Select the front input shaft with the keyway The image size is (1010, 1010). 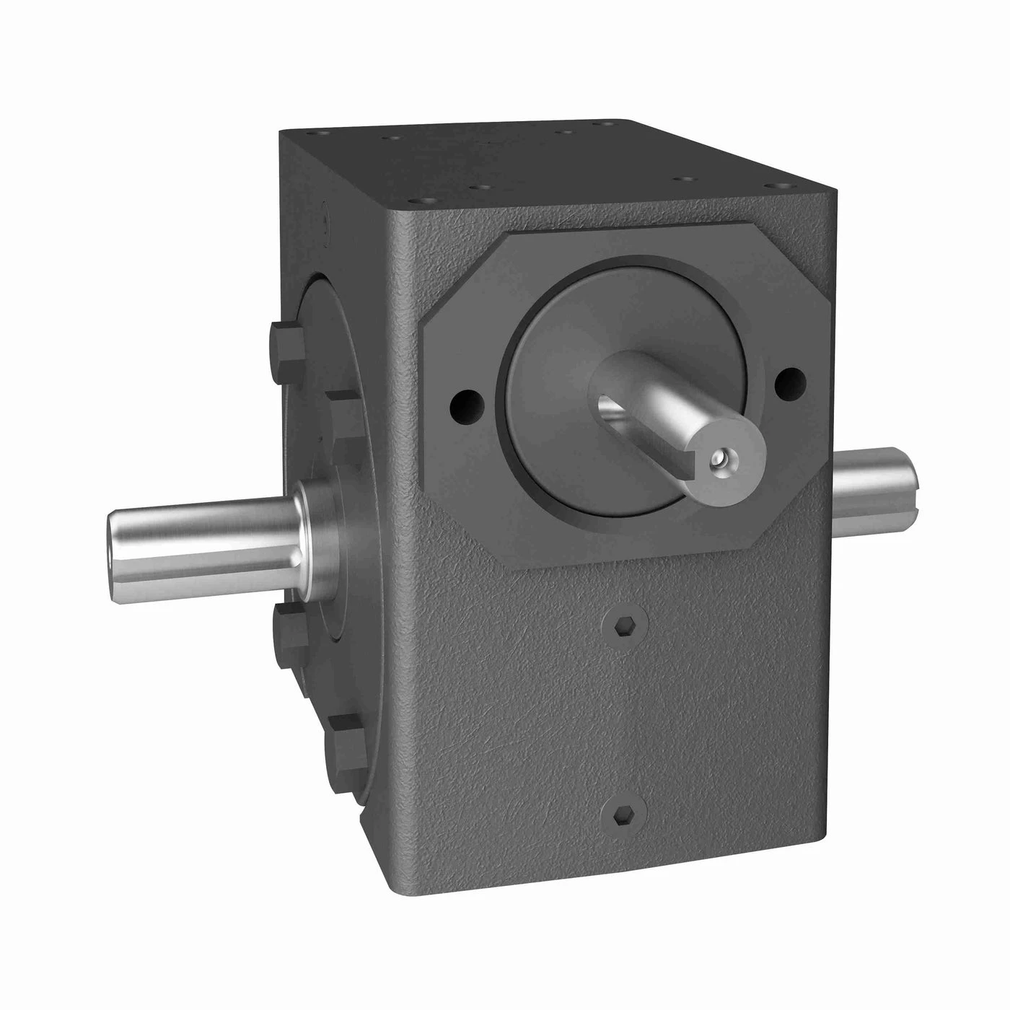click(671, 411)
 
